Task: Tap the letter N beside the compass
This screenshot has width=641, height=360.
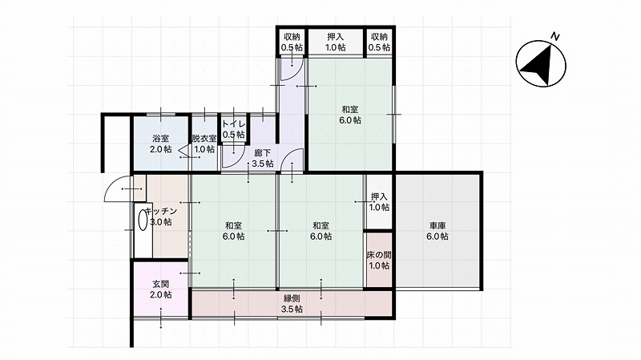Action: pyautogui.click(x=554, y=36)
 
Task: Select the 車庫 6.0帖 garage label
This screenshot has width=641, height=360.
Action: pyautogui.click(x=437, y=231)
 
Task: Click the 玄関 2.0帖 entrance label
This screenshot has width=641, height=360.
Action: pyautogui.click(x=161, y=289)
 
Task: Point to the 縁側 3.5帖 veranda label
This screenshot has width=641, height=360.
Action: pyautogui.click(x=292, y=304)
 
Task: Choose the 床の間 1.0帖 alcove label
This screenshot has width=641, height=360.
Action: pyautogui.click(x=379, y=261)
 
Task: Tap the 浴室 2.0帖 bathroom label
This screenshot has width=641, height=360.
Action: pyautogui.click(x=161, y=144)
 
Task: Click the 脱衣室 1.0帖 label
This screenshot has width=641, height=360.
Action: pyautogui.click(x=204, y=144)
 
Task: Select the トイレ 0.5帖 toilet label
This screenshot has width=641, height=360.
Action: pyautogui.click(x=234, y=129)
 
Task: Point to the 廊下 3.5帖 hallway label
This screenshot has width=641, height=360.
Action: pyautogui.click(x=263, y=158)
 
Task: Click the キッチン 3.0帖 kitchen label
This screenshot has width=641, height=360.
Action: pyautogui.click(x=161, y=216)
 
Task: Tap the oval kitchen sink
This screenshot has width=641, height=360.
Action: pyautogui.click(x=143, y=220)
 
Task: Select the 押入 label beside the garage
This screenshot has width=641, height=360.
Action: pyautogui.click(x=379, y=196)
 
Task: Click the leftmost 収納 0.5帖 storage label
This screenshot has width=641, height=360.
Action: pyautogui.click(x=292, y=42)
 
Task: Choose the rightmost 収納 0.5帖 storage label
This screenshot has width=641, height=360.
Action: pyautogui.click(x=379, y=42)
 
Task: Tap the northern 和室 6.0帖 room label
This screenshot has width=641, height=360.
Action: pyautogui.click(x=350, y=115)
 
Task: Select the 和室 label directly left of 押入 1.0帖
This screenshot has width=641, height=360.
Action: pyautogui.click(x=321, y=226)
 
